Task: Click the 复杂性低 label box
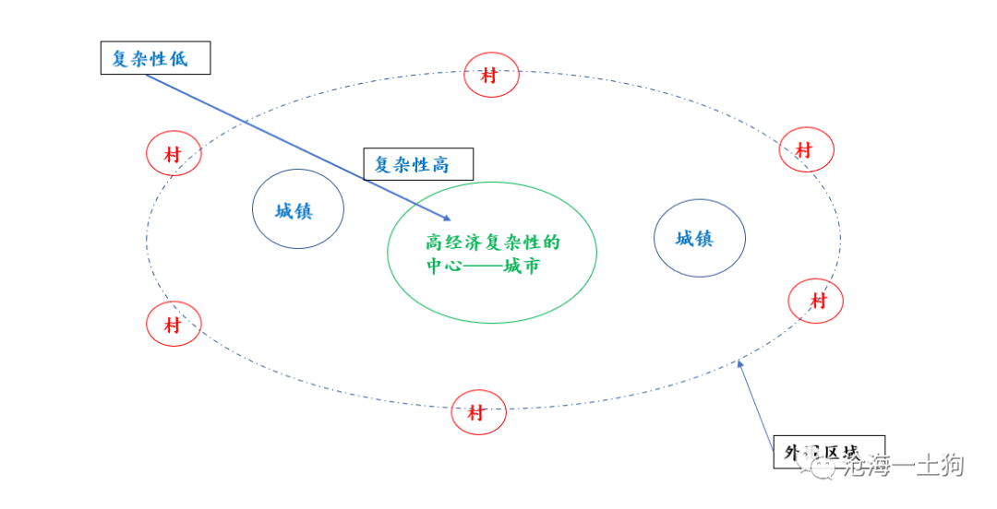click(156, 59)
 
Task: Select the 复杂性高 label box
click(418, 165)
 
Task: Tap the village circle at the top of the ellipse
click(491, 76)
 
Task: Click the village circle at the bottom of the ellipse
click(478, 412)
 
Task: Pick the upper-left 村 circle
click(174, 154)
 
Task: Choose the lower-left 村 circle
click(174, 325)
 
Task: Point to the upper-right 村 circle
click(806, 149)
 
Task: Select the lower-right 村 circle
click(816, 301)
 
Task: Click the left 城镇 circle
click(297, 209)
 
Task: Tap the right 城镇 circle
click(699, 238)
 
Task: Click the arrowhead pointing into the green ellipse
click(448, 219)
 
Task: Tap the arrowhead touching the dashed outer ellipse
click(739, 365)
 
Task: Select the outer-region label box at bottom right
click(828, 452)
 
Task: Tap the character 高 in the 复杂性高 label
click(440, 165)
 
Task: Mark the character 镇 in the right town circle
click(706, 238)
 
